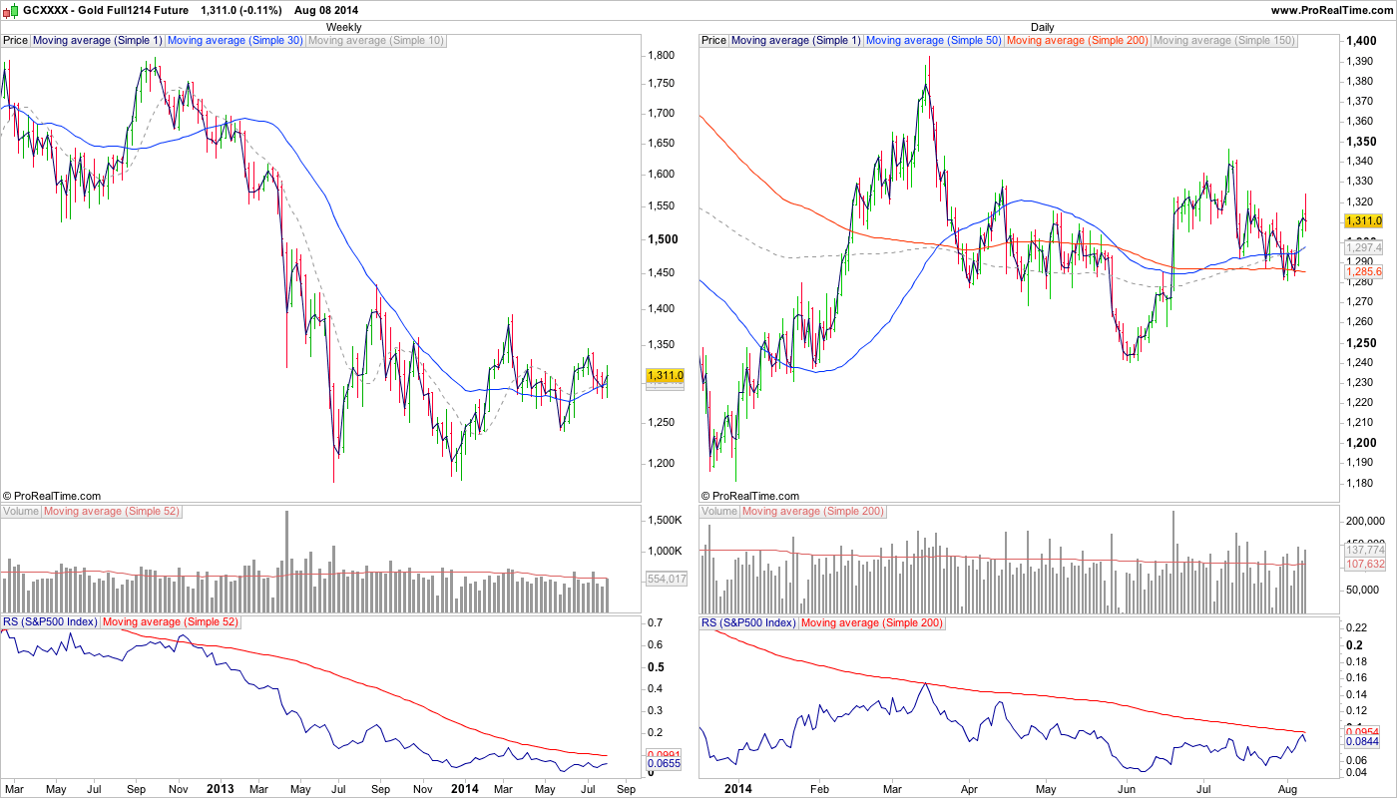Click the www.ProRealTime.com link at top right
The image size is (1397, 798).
[1331, 10]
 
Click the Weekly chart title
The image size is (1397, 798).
[344, 27]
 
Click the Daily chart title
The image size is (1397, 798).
[1043, 27]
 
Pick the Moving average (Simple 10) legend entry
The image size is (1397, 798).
[376, 41]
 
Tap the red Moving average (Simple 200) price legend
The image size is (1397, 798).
[1078, 41]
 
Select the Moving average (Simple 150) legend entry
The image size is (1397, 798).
[1224, 41]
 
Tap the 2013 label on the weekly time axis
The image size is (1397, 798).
[220, 788]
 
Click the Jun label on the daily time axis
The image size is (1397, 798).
[1127, 788]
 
